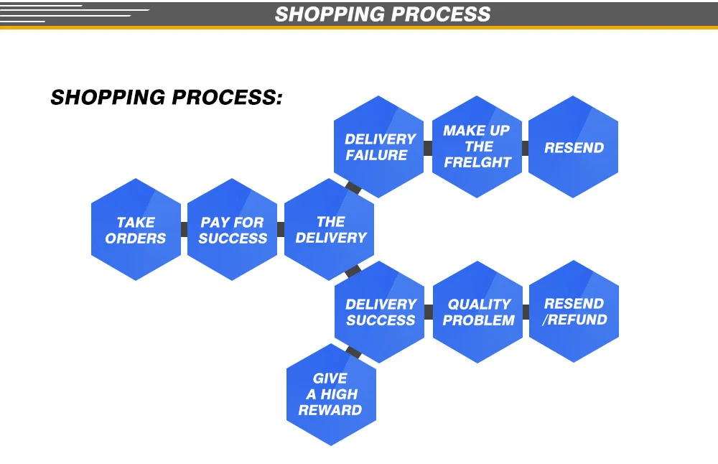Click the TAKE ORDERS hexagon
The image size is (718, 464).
(136, 230)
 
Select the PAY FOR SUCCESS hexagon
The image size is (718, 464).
(232, 230)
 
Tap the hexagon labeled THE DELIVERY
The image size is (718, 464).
(330, 230)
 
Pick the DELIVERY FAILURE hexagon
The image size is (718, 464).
(380, 147)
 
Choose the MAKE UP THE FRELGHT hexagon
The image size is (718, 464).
(477, 147)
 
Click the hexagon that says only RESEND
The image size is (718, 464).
(574, 147)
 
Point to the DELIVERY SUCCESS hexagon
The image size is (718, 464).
(380, 312)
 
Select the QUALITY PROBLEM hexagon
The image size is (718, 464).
(478, 312)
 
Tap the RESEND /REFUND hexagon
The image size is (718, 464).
(574, 312)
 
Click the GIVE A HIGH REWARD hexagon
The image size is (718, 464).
(331, 394)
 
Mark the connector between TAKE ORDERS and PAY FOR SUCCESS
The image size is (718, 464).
(184, 230)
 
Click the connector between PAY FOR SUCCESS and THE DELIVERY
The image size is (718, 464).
(281, 230)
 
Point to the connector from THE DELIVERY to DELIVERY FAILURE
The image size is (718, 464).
(353, 188)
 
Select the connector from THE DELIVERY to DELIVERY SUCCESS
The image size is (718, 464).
(353, 272)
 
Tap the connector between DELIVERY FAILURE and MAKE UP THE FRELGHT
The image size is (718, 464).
(428, 148)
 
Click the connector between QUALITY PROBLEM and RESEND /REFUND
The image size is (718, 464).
(526, 312)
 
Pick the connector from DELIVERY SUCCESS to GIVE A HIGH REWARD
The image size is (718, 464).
(353, 353)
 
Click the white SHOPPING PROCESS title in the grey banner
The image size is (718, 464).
(383, 14)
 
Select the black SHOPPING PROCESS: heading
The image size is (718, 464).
(167, 97)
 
